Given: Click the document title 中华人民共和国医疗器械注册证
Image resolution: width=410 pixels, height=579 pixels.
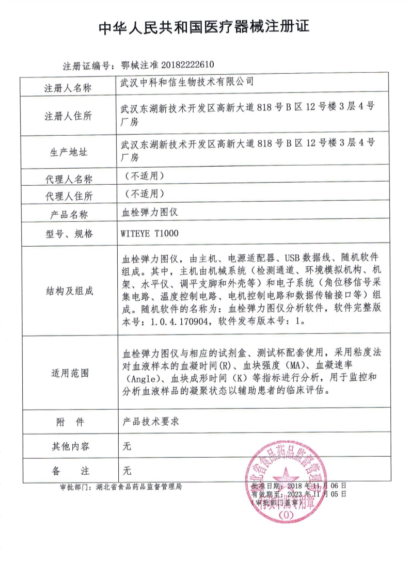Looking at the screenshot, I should [x=204, y=27].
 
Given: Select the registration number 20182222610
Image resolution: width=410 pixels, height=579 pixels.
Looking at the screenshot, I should [x=184, y=65].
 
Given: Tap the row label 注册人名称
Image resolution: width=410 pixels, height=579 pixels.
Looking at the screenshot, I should [x=68, y=88].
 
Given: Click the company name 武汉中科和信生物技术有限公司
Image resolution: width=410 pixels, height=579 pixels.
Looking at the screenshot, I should [x=187, y=82].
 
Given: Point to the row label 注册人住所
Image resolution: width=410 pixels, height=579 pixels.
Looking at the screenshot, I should [x=68, y=116].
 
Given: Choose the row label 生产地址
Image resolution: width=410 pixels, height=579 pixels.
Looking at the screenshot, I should [x=68, y=152].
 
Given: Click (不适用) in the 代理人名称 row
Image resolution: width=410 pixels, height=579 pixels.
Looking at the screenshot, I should [x=145, y=175].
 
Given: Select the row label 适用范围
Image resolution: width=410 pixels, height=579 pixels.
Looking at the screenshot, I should [x=68, y=373].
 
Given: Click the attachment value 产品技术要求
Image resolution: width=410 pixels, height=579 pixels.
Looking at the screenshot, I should [x=149, y=422].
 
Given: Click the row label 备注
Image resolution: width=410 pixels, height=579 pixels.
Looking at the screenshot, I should [x=68, y=471].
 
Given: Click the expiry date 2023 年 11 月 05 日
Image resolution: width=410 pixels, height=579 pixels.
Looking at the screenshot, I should [x=310, y=493].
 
